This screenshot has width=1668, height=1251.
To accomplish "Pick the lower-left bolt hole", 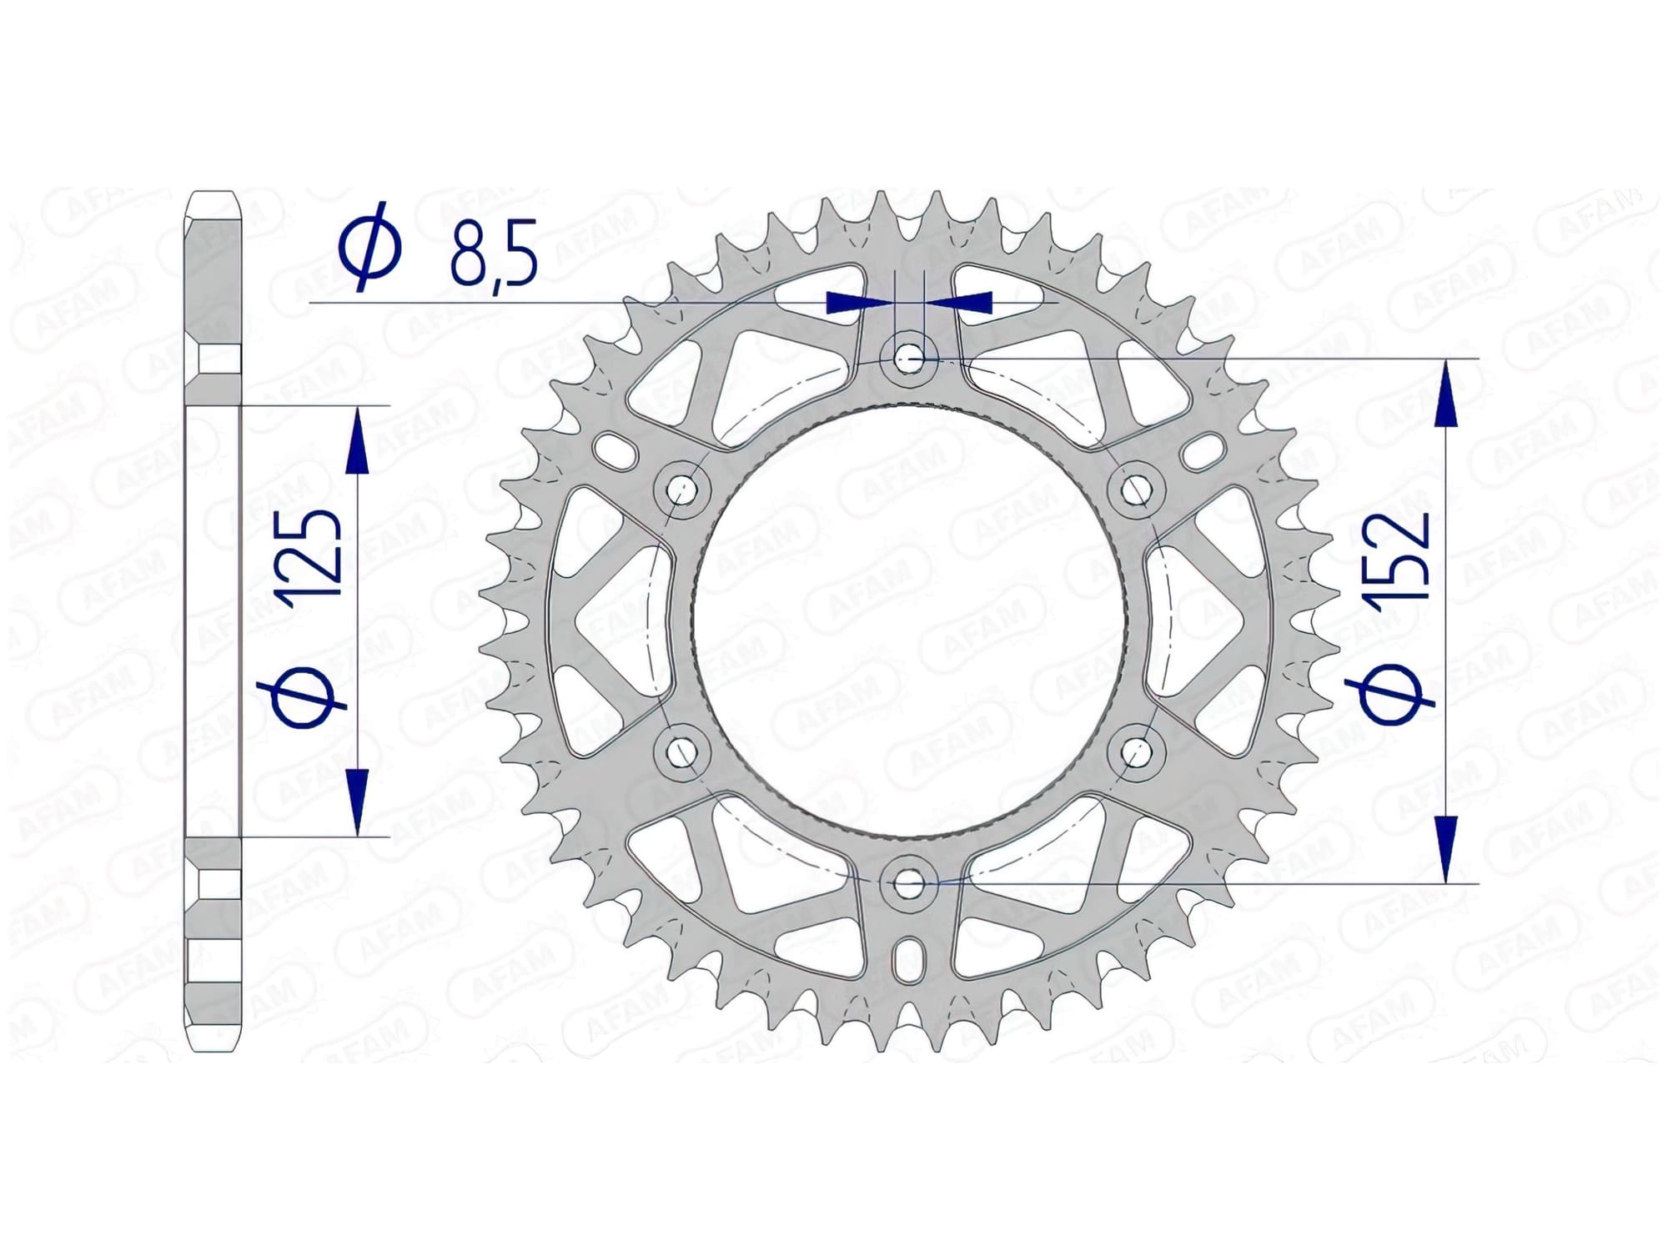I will [x=684, y=752].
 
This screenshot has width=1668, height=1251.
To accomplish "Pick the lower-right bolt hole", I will [x=1136, y=752].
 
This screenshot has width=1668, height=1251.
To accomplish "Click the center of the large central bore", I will [x=910, y=621].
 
